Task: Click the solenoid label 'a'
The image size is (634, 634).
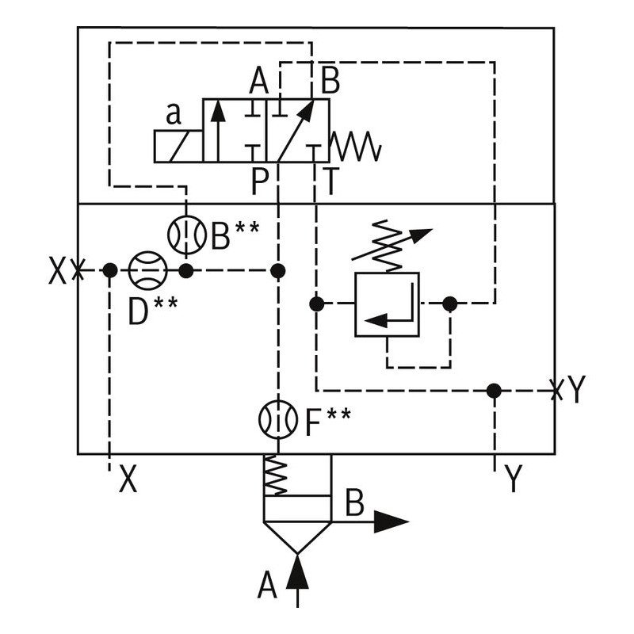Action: click(174, 115)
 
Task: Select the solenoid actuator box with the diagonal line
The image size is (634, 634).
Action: click(178, 147)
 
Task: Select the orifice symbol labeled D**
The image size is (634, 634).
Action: click(147, 271)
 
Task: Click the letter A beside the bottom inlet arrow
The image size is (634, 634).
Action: click(268, 587)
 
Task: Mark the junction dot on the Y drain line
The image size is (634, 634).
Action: click(495, 391)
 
